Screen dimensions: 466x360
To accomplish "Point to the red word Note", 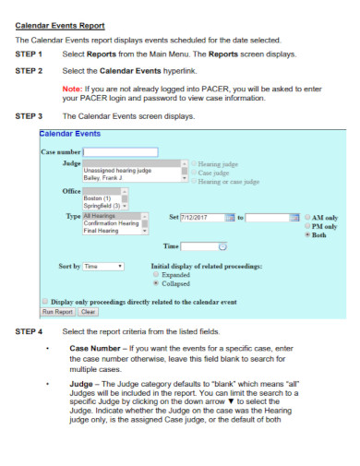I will (x=71, y=88).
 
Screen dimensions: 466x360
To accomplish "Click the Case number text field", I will (x=120, y=151).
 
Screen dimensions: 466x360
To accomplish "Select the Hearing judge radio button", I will (x=194, y=162).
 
